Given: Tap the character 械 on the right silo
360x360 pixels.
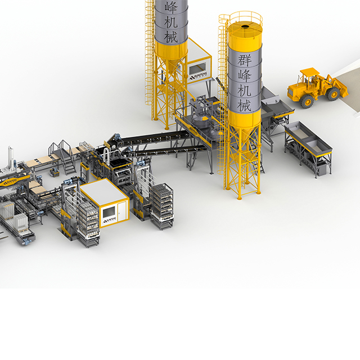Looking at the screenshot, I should pos(243,104).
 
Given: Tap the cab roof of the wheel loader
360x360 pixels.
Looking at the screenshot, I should pos(309,71).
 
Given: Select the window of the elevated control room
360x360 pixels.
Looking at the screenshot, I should pos(199,66).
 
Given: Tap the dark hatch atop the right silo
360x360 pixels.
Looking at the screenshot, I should pos(245,25).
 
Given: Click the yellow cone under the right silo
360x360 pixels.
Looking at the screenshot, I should pos(244,123).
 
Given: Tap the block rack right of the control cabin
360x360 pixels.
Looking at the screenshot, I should pos(161,205).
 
